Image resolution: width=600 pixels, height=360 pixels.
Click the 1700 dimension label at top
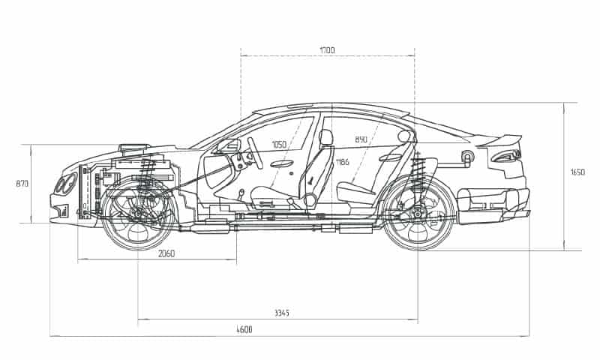coord(327,50)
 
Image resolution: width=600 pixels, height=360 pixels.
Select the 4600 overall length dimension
coord(244,330)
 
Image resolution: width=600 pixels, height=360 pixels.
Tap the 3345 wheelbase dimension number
coord(282,313)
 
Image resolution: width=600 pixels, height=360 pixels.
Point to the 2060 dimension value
coord(166,253)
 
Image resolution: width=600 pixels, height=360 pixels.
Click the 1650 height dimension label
coord(577,172)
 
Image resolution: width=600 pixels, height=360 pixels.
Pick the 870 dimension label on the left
coord(22,184)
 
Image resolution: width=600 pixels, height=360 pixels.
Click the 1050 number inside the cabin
coord(279,145)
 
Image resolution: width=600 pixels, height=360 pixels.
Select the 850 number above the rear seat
coord(361,139)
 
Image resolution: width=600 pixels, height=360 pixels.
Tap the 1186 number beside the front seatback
coord(343,162)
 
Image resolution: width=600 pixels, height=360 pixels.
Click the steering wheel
coord(255,153)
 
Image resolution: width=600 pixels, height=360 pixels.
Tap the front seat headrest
coord(325,137)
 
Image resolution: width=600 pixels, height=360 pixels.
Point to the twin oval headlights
coord(65,184)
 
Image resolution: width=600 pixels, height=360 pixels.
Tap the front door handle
coord(282,163)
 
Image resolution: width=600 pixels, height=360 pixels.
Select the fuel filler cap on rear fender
coord(467,156)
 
